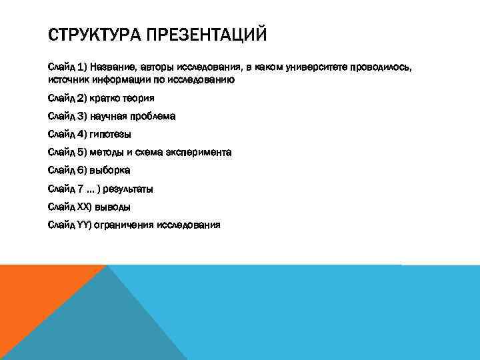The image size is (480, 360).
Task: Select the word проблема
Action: tap(153, 116)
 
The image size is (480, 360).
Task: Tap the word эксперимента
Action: tap(200, 152)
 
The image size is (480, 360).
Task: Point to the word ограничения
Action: tap(127, 225)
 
